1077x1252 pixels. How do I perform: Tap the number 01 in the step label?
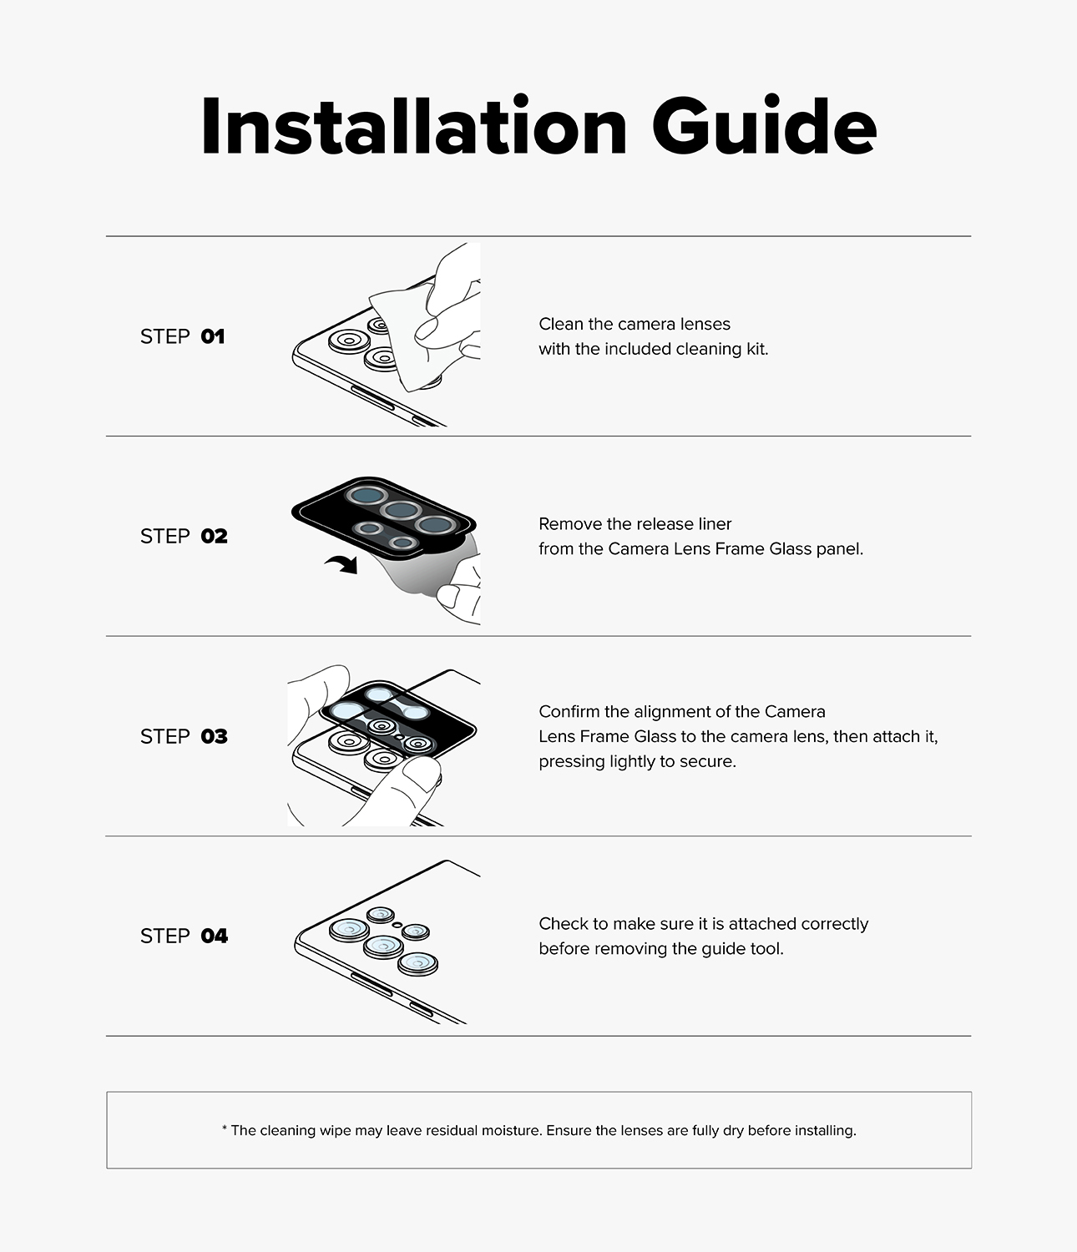coord(213,336)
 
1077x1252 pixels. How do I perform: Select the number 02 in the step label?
coord(214,537)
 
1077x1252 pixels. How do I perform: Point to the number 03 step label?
coord(214,736)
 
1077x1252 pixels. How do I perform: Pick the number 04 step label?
coord(215,936)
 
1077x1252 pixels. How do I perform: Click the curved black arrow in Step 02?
coord(343,564)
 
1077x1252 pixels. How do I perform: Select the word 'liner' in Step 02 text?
coord(715,524)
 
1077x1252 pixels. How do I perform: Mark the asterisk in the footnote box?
coord(225,1128)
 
